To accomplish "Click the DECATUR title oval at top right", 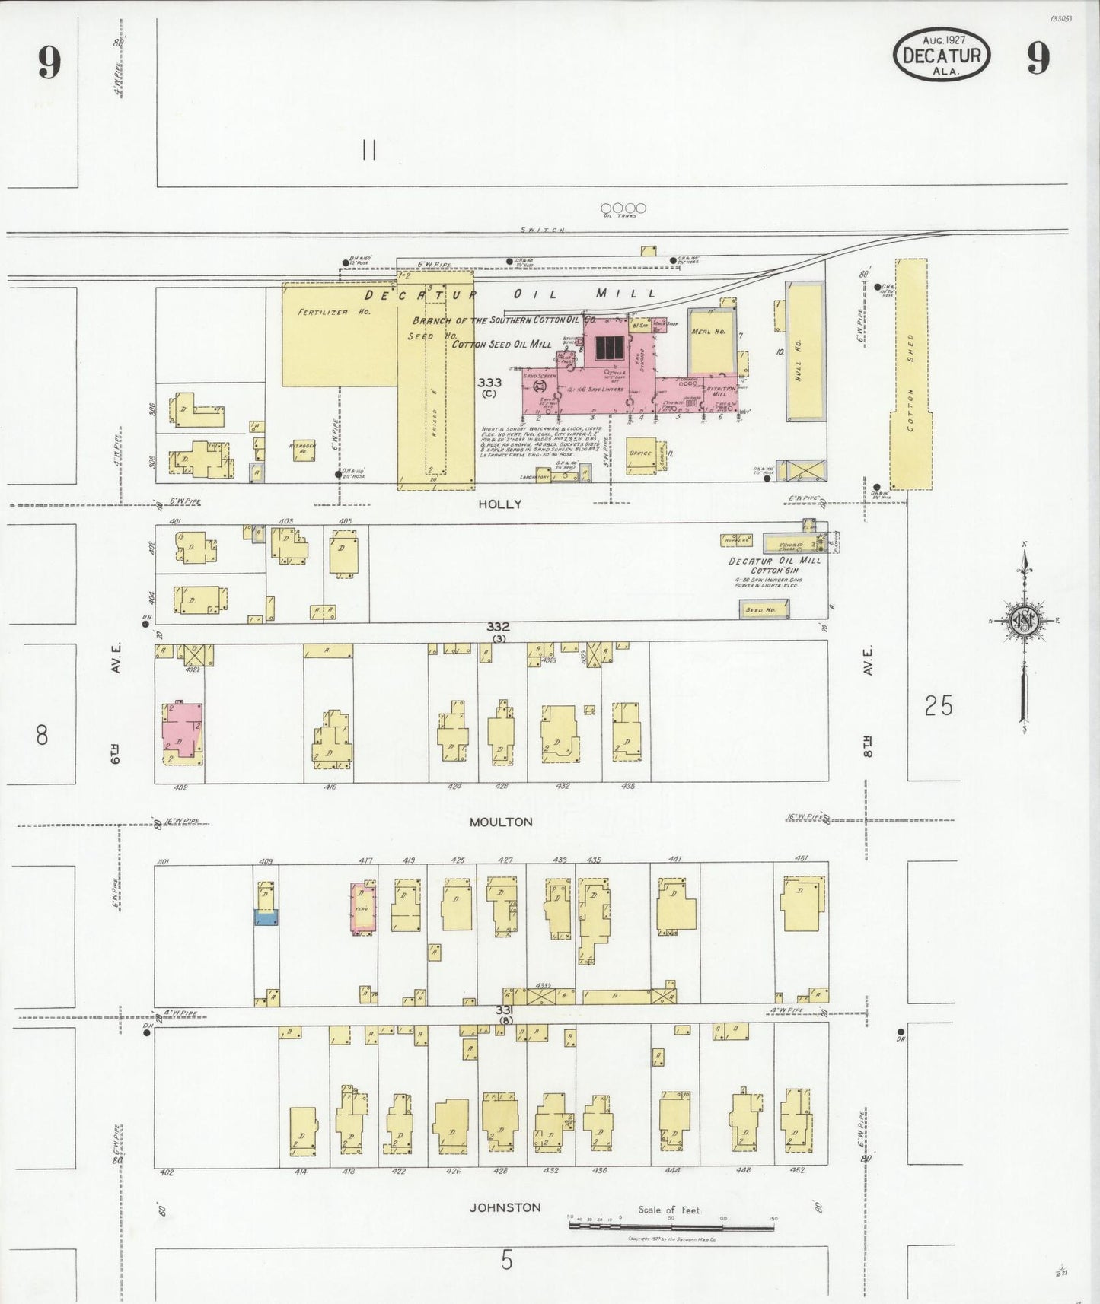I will tap(942, 55).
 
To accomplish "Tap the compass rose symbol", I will tap(1024, 621).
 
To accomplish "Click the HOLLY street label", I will tap(499, 504).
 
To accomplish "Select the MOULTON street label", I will tap(500, 822).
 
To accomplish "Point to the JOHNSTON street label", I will tap(505, 1207).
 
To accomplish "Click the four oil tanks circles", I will tap(623, 208).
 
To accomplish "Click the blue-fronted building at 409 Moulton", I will tap(266, 917).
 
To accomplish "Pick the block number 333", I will tap(489, 382).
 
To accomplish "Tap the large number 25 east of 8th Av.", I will tap(938, 706).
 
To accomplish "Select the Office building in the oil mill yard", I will tap(640, 453).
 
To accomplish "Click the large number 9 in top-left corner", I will tap(49, 62).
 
